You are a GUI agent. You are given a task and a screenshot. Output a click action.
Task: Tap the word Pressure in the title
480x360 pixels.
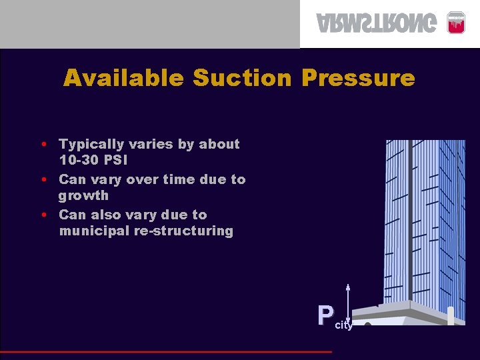[x=358, y=79]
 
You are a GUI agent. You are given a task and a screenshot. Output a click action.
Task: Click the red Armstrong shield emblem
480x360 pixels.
[x=455, y=22]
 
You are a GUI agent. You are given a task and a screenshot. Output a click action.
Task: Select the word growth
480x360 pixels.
[x=83, y=195]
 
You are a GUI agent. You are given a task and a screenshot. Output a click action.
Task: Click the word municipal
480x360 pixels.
[x=92, y=231]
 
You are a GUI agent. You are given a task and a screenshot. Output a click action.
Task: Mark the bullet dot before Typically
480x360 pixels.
[x=43, y=144]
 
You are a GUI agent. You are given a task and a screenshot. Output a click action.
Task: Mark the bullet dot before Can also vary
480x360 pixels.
[x=43, y=215]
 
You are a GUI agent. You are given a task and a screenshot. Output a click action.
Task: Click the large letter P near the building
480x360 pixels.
[x=325, y=315]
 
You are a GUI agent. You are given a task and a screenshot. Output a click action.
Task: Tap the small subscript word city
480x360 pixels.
[x=343, y=325]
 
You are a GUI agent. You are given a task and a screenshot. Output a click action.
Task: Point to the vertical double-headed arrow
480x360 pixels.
[x=348, y=303]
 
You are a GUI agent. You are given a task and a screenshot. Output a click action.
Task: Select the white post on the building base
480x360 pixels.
[x=451, y=316]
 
